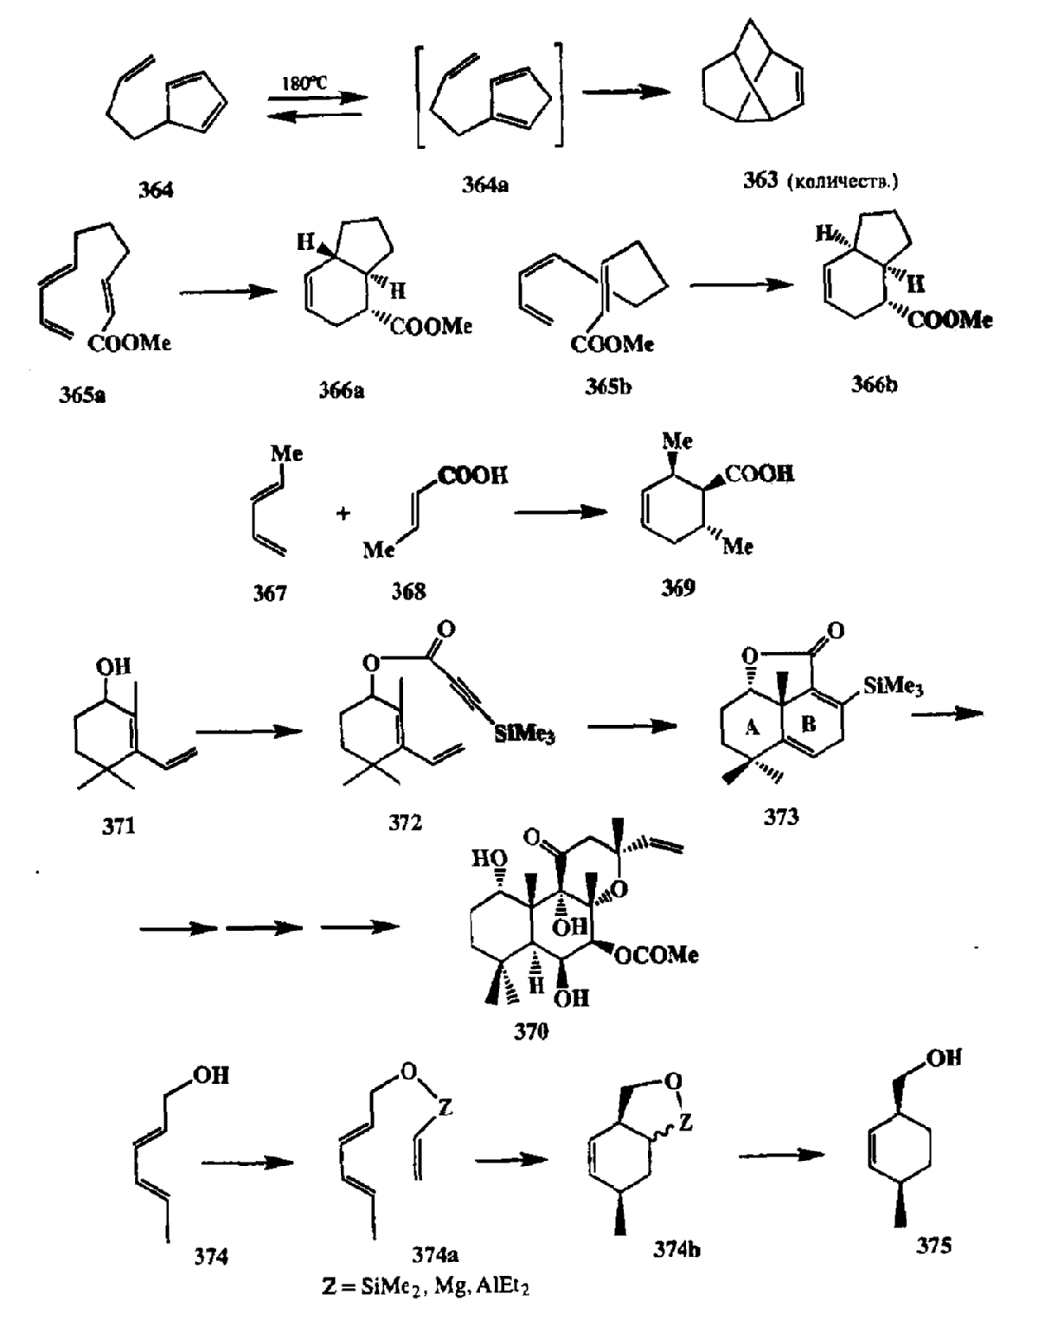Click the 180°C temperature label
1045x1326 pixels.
[x=305, y=83]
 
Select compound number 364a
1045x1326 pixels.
[x=484, y=184]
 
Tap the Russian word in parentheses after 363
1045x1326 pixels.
[x=842, y=182]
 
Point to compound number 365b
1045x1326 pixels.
[x=607, y=387]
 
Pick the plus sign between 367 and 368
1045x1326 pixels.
[x=343, y=514]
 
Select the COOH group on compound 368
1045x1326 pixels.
[x=473, y=476]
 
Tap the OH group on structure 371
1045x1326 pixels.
[x=113, y=666]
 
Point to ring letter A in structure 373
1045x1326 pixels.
[x=752, y=727]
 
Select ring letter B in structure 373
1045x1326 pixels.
[x=808, y=724]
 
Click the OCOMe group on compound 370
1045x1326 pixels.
[x=657, y=955]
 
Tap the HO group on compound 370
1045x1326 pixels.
[x=489, y=859]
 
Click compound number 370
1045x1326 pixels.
[x=530, y=1031]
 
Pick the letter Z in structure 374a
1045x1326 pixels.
[x=445, y=1106]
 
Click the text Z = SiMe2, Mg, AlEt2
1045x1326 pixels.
[x=425, y=1286]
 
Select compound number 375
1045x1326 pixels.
[x=933, y=1245]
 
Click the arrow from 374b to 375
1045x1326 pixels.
[x=781, y=1155]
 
